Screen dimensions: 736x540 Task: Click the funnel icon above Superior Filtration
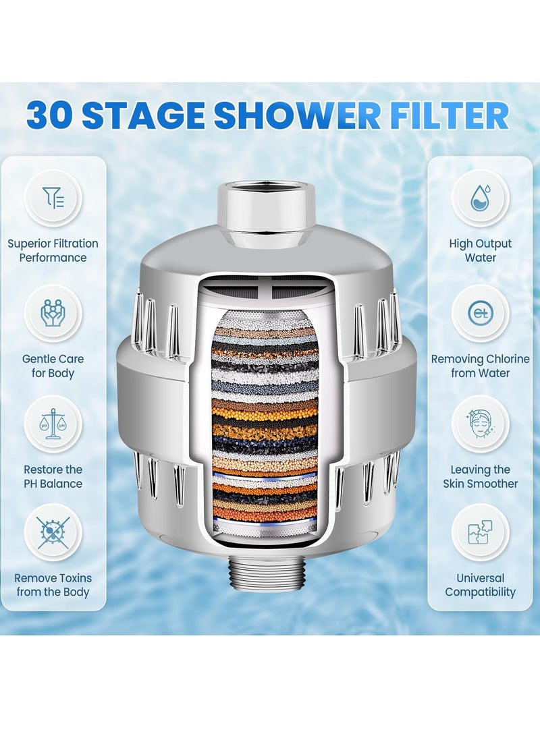53,198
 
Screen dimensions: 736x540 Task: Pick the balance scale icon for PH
53,424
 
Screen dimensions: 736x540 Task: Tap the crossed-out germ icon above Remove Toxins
53,533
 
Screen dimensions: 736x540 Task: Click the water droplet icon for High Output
480,198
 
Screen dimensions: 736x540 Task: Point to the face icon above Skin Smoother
480,424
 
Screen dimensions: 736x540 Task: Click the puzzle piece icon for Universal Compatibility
480,533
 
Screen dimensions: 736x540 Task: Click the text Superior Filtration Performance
53,250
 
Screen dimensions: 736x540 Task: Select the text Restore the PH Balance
53,476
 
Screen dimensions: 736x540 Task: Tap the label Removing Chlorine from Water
480,366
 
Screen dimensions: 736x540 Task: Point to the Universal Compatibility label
480,585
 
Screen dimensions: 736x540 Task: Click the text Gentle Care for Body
53,366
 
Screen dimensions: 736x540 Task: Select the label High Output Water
480,250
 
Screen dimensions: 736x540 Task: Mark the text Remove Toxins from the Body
53,585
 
